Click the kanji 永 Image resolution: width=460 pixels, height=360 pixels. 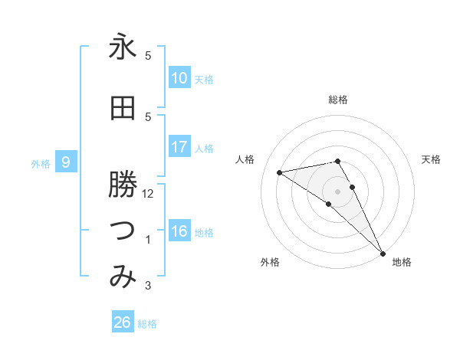tap(123, 47)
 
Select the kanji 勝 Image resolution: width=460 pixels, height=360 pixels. tap(123, 185)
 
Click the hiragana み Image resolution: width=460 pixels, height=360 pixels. tap(123, 277)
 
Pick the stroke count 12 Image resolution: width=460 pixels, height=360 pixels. tap(149, 194)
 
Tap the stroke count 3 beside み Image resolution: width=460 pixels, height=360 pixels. tap(149, 286)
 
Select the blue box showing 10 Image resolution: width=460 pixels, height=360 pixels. tap(179, 78)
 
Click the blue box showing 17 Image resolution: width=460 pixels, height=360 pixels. tap(179, 147)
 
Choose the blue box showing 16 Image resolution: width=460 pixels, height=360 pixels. tap(179, 231)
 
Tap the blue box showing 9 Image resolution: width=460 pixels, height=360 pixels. tap(67, 162)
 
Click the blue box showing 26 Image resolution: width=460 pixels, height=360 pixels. tap(122, 322)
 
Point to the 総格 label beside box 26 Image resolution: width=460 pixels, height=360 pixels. tap(148, 324)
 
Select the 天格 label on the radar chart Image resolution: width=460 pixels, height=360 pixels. tap(432, 159)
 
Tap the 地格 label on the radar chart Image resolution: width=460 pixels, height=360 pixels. tap(402, 263)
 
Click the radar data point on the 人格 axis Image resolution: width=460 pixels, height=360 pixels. tap(280, 172)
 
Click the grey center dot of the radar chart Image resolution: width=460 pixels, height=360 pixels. tap(338, 191)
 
